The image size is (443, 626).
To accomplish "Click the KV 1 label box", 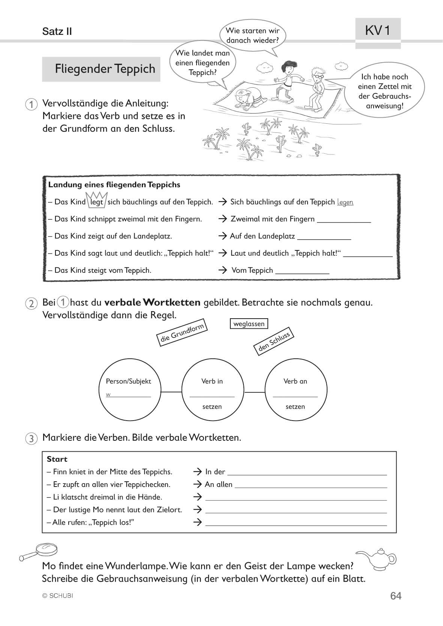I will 378,30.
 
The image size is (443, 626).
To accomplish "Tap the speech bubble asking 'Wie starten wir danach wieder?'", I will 252,36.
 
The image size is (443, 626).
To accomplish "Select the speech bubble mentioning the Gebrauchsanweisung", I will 384,91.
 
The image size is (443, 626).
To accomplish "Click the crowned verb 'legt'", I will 96,202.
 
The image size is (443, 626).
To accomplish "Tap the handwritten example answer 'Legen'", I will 345,202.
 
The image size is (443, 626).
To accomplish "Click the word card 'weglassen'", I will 249,323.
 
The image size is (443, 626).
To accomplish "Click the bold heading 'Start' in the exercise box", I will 57,459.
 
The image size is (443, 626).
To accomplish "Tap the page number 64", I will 396,596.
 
